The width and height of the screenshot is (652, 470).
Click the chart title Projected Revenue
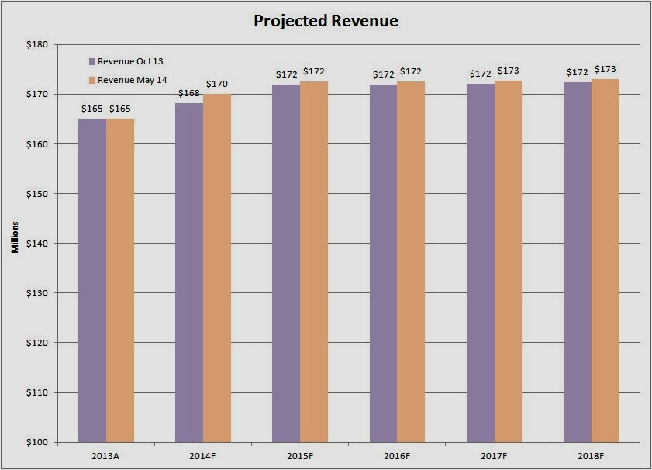click(326, 21)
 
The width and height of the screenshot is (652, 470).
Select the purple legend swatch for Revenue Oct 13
click(92, 60)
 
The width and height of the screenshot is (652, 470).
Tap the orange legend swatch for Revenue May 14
click(92, 79)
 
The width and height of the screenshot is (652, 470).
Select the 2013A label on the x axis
click(106, 454)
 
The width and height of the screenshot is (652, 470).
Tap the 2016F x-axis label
click(397, 454)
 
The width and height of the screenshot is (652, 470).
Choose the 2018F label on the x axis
click(591, 454)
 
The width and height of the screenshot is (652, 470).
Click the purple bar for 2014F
click(189, 271)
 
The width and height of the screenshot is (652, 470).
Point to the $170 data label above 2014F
click(217, 84)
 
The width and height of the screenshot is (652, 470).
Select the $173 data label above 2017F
click(508, 71)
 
